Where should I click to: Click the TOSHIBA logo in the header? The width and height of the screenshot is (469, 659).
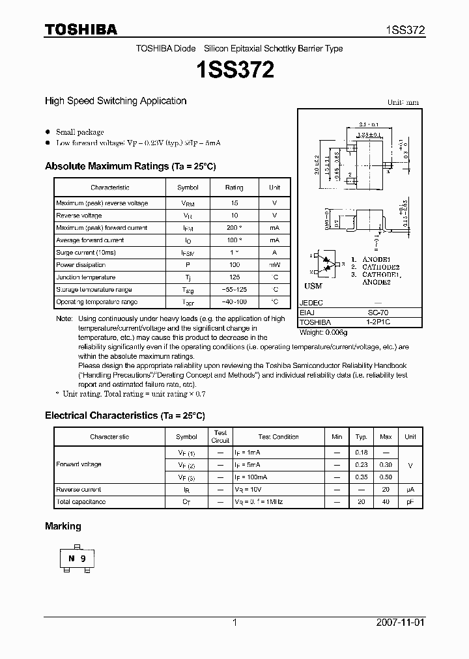click(81, 29)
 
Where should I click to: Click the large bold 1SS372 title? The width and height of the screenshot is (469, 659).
click(234, 70)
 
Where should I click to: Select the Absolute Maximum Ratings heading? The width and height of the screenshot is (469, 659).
click(130, 167)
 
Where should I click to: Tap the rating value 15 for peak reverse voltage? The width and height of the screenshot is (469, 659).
click(234, 203)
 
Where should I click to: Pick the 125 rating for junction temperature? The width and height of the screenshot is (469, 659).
click(234, 277)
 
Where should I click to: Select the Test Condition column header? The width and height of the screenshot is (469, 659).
click(278, 437)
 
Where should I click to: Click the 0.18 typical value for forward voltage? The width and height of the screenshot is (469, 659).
click(362, 452)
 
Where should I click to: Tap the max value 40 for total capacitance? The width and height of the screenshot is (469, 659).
click(386, 502)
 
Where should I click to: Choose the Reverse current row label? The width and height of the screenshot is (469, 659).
click(79, 490)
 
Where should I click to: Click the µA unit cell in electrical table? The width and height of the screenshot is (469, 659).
click(410, 490)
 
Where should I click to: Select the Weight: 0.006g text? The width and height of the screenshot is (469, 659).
click(323, 332)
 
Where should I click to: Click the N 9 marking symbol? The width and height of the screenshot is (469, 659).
click(77, 558)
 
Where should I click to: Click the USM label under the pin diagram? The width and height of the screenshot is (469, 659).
click(313, 286)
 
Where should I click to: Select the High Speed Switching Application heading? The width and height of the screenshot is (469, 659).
click(115, 101)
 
